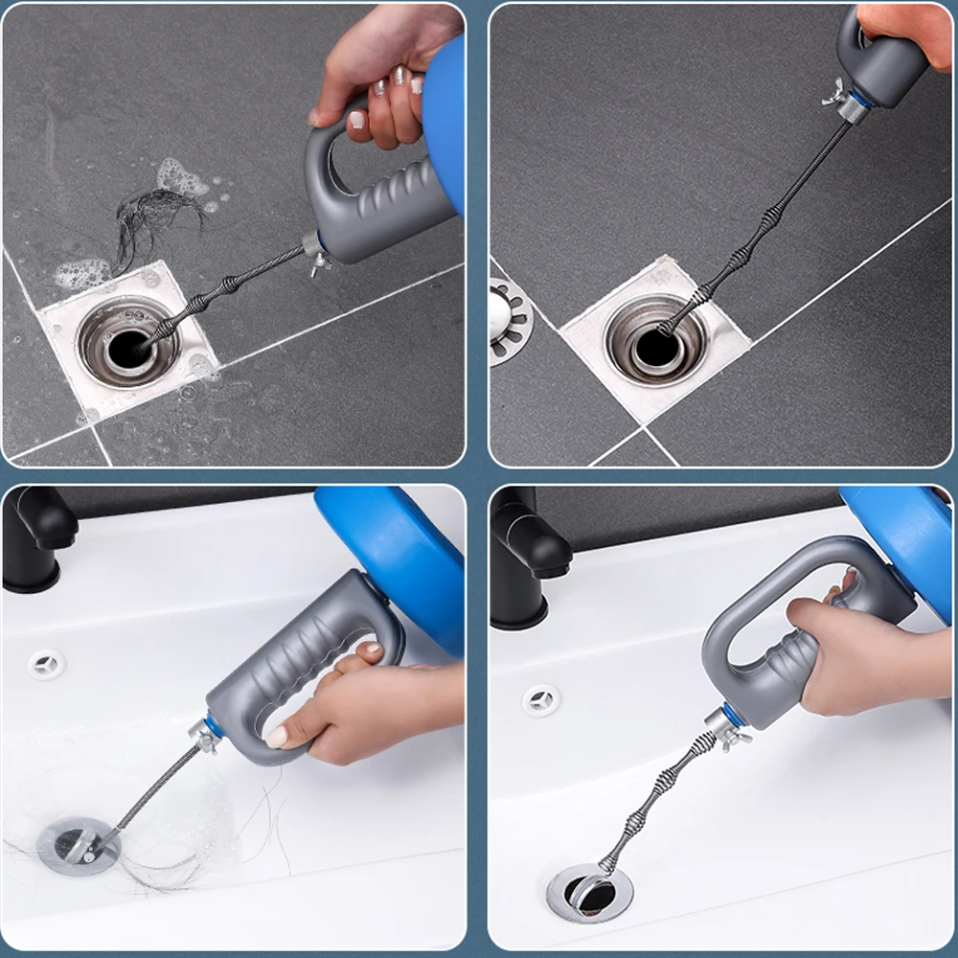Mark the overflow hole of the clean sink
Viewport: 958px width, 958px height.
541,699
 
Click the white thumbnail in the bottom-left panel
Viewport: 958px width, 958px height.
277,737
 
